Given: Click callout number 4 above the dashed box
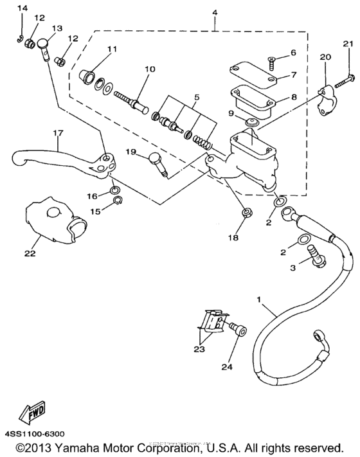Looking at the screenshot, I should click(x=215, y=12).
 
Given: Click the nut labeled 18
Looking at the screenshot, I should click(x=247, y=212).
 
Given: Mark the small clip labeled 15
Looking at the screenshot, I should click(x=116, y=203).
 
